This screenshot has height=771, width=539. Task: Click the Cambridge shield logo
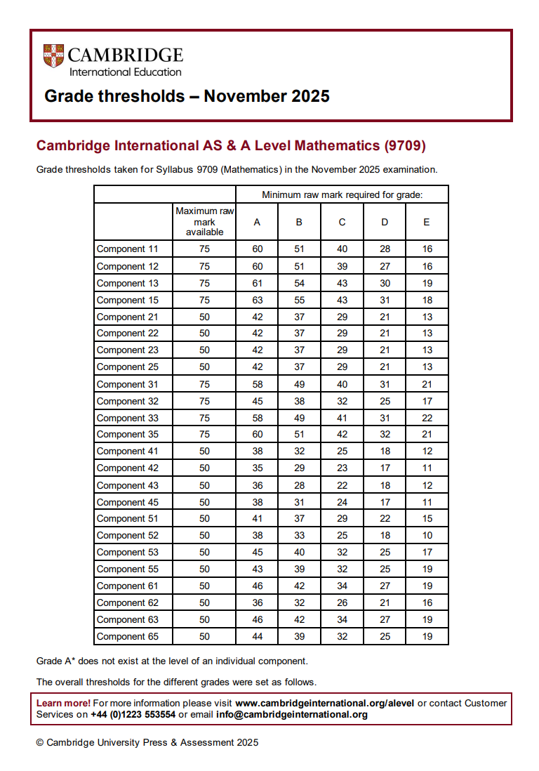pyautogui.click(x=53, y=56)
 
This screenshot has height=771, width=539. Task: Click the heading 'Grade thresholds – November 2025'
pyautogui.click(x=187, y=96)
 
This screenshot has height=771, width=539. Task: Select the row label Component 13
pyautogui.click(x=128, y=283)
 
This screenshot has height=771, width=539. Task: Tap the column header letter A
pyautogui.click(x=257, y=222)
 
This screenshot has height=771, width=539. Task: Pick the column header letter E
pyautogui.click(x=427, y=222)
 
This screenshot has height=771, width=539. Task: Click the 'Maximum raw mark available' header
pyautogui.click(x=205, y=221)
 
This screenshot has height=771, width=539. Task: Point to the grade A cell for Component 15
pyautogui.click(x=257, y=300)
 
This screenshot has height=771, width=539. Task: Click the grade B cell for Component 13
pyautogui.click(x=299, y=283)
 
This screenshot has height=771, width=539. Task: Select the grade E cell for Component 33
pyautogui.click(x=427, y=418)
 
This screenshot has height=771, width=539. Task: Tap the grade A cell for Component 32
pyautogui.click(x=257, y=401)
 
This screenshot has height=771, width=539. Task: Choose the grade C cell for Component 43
pyautogui.click(x=342, y=485)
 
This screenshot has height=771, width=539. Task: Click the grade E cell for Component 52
pyautogui.click(x=427, y=535)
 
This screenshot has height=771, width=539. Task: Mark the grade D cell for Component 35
pyautogui.click(x=385, y=435)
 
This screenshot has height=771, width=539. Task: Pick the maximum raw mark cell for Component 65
pyautogui.click(x=204, y=636)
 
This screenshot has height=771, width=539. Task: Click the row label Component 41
pyautogui.click(x=128, y=452)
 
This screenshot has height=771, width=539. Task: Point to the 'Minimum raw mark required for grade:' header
pyautogui.click(x=342, y=195)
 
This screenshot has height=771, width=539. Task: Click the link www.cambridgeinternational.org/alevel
pyautogui.click(x=325, y=703)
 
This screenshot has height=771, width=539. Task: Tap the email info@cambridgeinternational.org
pyautogui.click(x=292, y=715)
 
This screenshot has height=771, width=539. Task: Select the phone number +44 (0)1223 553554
pyautogui.click(x=133, y=715)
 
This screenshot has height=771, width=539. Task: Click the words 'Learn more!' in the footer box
pyautogui.click(x=63, y=703)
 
